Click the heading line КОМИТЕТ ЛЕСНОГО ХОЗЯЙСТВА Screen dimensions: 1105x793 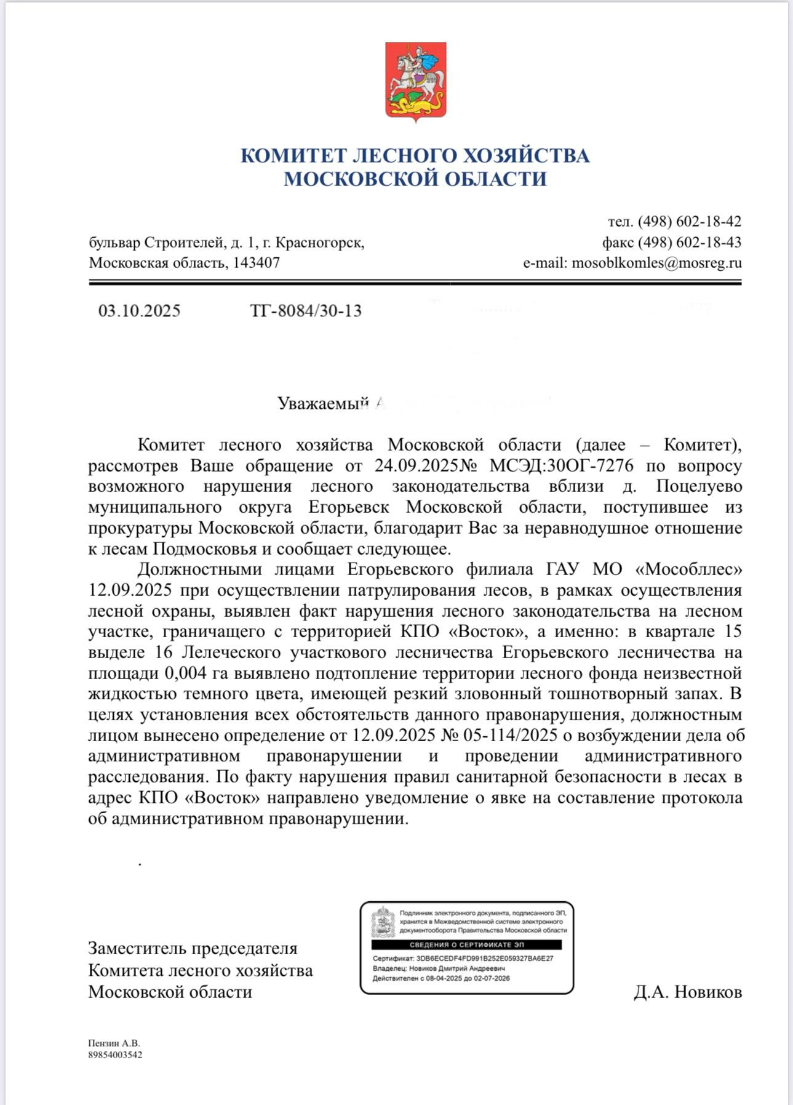(415, 155)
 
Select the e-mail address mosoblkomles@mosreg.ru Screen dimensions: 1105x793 (656, 263)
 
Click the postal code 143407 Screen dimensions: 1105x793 (257, 263)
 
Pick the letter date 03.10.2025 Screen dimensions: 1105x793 (140, 311)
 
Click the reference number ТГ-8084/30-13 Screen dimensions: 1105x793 (306, 311)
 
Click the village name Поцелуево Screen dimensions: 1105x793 (699, 486)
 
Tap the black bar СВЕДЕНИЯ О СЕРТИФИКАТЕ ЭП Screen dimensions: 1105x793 (466, 944)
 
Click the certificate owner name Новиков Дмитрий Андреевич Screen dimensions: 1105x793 (456, 968)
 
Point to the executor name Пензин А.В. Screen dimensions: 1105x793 (114, 1043)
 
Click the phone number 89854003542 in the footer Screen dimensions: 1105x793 (115, 1055)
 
